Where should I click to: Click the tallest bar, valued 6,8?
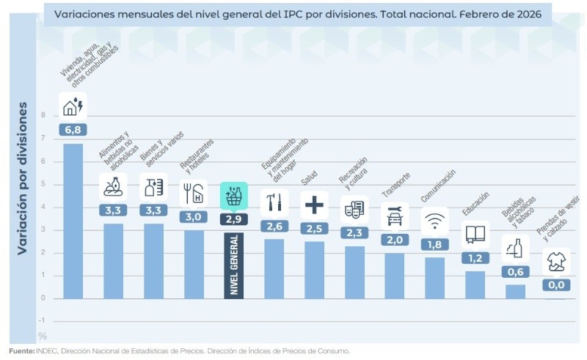(73, 220)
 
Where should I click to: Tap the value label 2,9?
(234, 218)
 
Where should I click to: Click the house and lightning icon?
(73, 106)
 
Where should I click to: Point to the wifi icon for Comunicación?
(435, 220)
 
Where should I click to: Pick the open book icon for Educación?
(475, 235)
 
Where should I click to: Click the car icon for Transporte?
(395, 217)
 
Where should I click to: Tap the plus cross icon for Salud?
(314, 205)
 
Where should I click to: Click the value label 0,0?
(555, 284)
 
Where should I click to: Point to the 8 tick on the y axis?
(43, 115)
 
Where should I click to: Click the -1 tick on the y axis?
(42, 320)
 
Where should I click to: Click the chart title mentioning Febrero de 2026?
(297, 13)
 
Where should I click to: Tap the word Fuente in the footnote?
(21, 351)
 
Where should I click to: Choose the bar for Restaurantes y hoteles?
(194, 264)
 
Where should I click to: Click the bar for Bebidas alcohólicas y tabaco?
(515, 291)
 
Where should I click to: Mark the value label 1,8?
(435, 244)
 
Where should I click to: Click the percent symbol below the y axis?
(42, 336)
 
